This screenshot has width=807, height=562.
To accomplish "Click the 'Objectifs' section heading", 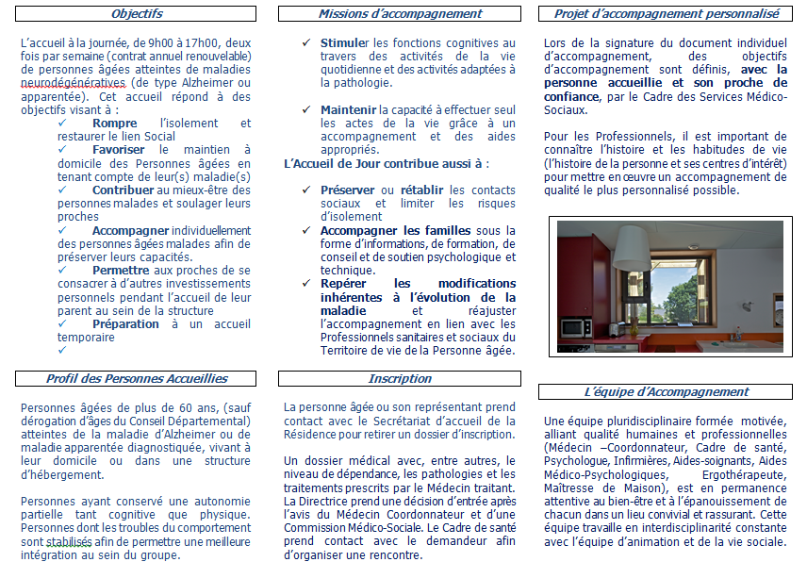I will (x=137, y=14).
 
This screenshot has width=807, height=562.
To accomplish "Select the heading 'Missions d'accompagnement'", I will (x=400, y=14).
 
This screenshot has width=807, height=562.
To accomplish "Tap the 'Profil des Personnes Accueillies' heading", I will (x=137, y=378).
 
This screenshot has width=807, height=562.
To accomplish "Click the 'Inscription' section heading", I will (x=400, y=378).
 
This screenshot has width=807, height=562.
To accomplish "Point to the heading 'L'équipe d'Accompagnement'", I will (x=667, y=391).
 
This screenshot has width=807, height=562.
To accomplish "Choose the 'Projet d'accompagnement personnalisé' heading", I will (x=667, y=14).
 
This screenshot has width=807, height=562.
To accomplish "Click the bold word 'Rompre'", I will (x=115, y=124).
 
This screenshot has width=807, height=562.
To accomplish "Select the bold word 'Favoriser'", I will (x=119, y=150).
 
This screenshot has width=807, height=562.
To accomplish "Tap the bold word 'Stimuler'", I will (x=345, y=43).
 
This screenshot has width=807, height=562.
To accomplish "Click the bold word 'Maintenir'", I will (x=348, y=110).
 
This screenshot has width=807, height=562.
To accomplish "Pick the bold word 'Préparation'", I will (x=125, y=323).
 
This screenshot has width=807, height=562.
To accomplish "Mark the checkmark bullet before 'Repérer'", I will (x=306, y=283).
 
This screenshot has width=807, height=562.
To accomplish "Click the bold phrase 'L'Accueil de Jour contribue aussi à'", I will (x=387, y=163).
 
